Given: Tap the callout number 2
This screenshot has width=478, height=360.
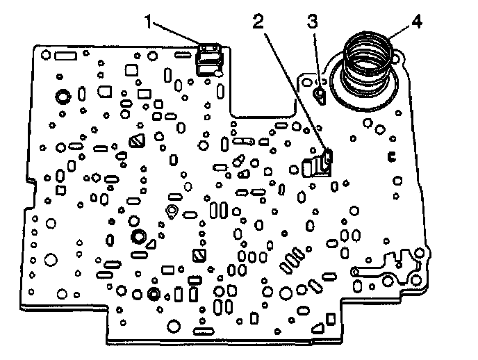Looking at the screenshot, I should pos(258,22).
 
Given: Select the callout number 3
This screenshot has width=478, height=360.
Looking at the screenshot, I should pos(313,22).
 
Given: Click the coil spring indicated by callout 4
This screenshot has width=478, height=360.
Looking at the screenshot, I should pos(368,63).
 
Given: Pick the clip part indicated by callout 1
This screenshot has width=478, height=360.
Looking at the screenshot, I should pos(208,59).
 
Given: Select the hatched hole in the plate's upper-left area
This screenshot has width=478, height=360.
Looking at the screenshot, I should pos(135,140).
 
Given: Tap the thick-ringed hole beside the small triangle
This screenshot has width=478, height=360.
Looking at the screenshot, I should pos(138,236).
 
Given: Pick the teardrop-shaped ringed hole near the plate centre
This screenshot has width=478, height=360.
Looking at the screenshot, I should pos(172,211).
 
